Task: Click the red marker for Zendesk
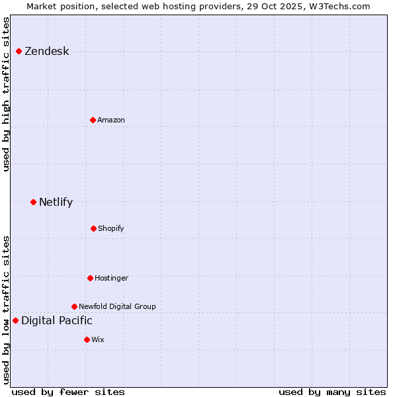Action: [x=19, y=52]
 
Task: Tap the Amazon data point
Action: [x=93, y=120]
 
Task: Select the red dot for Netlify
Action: [x=33, y=202]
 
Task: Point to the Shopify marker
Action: [x=93, y=228]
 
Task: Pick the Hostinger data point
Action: [x=90, y=278]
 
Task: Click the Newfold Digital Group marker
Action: [x=74, y=306]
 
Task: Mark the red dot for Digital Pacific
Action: [x=15, y=321]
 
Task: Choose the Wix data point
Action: [x=87, y=339]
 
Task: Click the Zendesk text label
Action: [x=46, y=52]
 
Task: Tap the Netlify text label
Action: [x=56, y=202]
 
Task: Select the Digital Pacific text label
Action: [x=57, y=321]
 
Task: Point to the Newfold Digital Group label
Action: [x=117, y=306]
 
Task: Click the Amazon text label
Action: [x=111, y=120]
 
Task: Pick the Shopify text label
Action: [x=111, y=228]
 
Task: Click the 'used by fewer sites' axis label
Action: [x=68, y=392]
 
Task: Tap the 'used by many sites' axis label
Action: [x=332, y=392]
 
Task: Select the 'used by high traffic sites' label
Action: [x=7, y=94]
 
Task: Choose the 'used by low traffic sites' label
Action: [x=7, y=310]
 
